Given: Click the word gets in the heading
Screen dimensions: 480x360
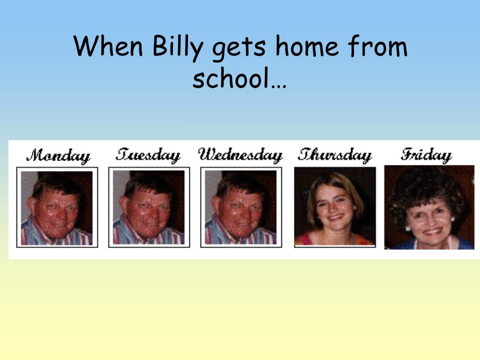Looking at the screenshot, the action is pos(239,48).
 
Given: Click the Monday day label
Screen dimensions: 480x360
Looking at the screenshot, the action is pos(58,156).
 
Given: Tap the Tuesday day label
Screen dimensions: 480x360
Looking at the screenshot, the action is pos(148,155).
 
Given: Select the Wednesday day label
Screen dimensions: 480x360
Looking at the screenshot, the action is pos(240,155).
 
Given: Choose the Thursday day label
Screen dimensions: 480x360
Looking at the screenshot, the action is pos(335,155).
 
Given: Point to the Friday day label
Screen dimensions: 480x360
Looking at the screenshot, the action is pos(426,155).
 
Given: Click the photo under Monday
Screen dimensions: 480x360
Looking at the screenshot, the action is pos(57,208).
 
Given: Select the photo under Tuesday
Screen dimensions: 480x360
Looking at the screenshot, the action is pos(149,208).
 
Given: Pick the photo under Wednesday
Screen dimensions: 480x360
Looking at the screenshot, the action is pos(241,208).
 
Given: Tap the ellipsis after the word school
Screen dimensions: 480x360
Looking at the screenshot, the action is pos(278,86).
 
